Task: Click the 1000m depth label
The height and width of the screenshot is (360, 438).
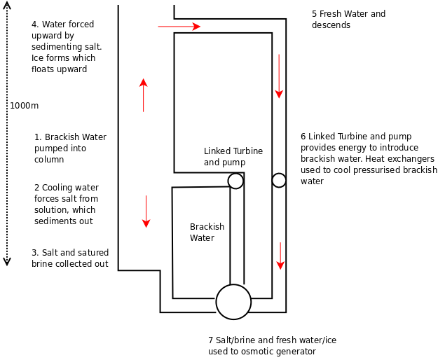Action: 24,106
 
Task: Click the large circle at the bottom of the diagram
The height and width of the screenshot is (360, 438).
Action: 233,302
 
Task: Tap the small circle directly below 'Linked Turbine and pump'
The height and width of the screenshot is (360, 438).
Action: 235,181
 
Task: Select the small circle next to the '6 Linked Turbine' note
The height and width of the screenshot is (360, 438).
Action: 279,180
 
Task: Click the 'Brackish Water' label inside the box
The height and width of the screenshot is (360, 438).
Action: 207,233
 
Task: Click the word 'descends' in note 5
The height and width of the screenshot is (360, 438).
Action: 331,25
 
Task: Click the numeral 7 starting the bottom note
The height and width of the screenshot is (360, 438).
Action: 210,340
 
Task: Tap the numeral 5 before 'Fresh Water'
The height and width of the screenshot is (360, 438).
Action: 315,14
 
